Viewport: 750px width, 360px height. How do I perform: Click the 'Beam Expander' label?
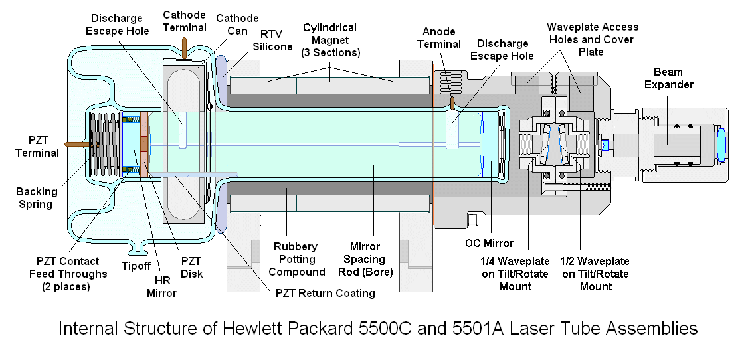(672, 78)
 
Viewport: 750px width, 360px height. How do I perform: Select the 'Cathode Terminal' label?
(184, 21)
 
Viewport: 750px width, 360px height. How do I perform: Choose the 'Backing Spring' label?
(37, 197)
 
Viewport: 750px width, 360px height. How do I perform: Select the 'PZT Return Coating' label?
(325, 292)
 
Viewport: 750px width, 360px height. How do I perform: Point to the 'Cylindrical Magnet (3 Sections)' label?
(329, 40)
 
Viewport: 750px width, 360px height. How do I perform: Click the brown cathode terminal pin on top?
(183, 49)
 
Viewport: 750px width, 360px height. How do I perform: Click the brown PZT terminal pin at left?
(75, 142)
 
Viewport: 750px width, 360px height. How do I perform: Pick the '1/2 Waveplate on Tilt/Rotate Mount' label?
(595, 274)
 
